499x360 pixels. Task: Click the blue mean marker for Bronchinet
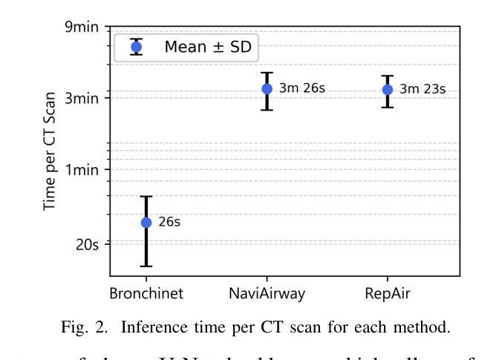pos(146,222)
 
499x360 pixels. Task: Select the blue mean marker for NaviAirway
pos(267,89)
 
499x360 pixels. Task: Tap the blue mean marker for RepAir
pos(387,90)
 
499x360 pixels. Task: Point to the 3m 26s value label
pos(302,89)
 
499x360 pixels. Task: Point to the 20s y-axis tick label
pos(88,243)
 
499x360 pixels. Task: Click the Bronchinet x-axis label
pos(146,293)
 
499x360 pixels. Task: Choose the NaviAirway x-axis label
pos(267,293)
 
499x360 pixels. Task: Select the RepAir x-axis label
pos(387,293)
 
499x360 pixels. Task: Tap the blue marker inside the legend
pos(135,48)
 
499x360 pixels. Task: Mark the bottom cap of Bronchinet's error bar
pos(146,266)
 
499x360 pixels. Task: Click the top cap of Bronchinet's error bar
pos(146,197)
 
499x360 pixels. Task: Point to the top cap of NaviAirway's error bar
pos(267,73)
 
